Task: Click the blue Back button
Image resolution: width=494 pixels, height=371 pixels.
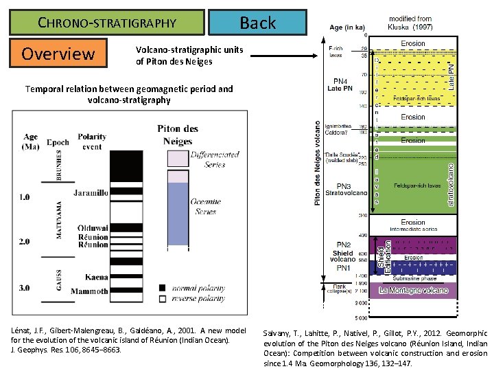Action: click(x=257, y=23)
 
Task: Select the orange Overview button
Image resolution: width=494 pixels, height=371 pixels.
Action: click(x=59, y=54)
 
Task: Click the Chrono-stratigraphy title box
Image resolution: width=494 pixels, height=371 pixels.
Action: click(x=107, y=23)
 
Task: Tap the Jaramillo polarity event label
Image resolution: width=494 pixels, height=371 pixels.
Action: click(x=91, y=193)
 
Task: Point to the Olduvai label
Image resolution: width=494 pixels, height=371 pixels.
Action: click(x=93, y=228)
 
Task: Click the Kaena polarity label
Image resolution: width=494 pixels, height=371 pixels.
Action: click(x=96, y=277)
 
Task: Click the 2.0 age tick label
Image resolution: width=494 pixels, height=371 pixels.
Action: click(x=23, y=241)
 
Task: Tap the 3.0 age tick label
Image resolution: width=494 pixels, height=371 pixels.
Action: click(x=23, y=287)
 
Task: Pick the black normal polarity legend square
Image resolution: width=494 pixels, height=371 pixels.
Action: click(x=162, y=287)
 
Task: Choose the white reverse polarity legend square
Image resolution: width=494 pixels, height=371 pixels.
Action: click(x=162, y=299)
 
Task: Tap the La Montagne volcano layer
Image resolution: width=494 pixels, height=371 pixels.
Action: click(x=412, y=291)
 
